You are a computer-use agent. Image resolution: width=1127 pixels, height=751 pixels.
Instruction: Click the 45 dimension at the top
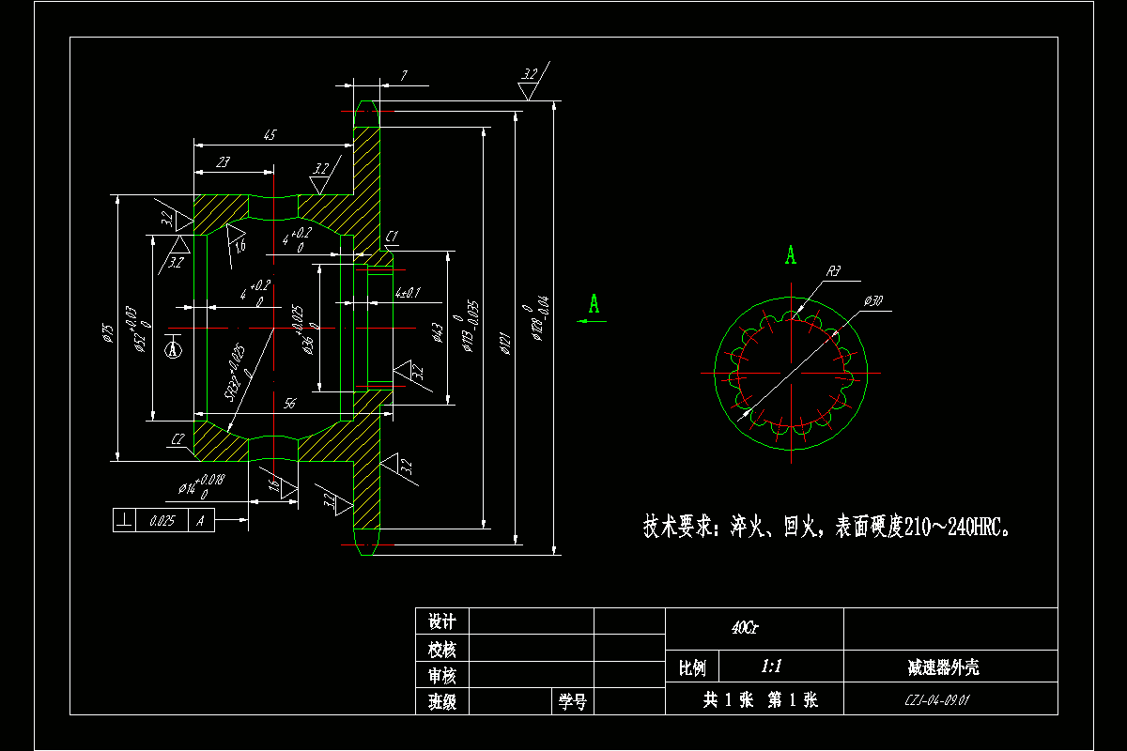coord(270,136)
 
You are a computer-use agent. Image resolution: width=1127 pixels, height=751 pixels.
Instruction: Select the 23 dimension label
coord(224,163)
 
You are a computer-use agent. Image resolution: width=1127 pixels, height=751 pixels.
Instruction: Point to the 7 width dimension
coord(403,76)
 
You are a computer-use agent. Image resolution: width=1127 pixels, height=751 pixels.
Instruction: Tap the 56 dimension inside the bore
coord(290,403)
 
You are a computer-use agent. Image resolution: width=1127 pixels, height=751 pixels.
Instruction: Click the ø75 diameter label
coord(109,333)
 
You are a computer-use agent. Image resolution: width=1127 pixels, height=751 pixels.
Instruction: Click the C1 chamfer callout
coord(392,235)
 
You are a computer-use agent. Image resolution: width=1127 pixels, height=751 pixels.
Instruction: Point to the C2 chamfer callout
coord(178,439)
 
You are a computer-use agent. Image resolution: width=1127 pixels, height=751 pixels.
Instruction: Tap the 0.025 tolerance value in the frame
coord(162,520)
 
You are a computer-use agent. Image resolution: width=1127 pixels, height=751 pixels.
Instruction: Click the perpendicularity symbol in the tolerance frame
coord(124,520)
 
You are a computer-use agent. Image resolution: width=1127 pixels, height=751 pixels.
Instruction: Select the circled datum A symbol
coord(172,349)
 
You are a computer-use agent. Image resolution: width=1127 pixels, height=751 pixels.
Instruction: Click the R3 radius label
coord(833,272)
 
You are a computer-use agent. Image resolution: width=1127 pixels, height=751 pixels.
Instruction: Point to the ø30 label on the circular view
coord(873,301)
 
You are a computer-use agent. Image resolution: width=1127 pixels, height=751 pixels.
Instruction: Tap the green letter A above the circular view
coord(791,254)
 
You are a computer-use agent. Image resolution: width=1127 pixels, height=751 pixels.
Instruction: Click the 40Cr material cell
coord(745,628)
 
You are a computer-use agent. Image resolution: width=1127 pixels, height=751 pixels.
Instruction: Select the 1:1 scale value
coord(772,667)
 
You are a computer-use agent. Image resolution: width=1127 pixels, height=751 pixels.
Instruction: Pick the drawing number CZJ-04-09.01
coord(936,700)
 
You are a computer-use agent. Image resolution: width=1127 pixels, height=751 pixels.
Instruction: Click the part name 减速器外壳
coord(943,667)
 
